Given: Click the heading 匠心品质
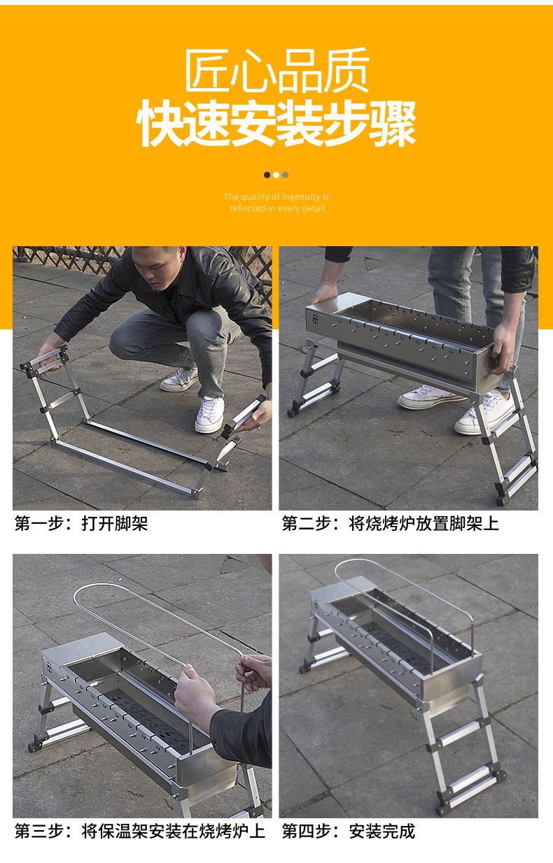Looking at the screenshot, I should [x=276, y=71].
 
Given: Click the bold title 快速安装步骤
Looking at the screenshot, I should [x=276, y=124].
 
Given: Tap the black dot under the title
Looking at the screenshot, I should [x=267, y=175].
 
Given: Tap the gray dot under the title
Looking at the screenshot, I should [x=286, y=175].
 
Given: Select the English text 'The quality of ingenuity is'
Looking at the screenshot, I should [x=276, y=197].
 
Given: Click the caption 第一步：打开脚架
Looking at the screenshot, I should [x=81, y=523].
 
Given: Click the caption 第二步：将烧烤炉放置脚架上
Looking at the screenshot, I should [x=390, y=523].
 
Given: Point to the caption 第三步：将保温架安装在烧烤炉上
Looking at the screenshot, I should [x=140, y=831].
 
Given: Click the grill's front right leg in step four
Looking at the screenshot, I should [x=486, y=741].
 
